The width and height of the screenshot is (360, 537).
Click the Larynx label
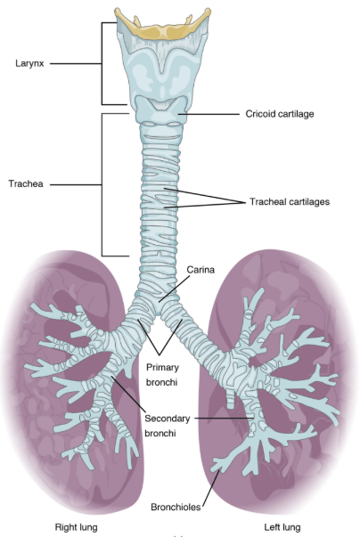(29, 64)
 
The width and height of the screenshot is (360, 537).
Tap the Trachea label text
(26, 184)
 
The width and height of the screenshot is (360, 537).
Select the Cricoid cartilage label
(280, 114)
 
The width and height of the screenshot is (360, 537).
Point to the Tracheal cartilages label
(290, 202)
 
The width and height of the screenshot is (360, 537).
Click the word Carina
(200, 270)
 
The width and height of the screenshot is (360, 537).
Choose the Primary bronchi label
(162, 375)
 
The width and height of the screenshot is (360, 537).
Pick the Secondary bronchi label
(167, 426)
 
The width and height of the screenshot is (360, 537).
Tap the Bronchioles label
(176, 507)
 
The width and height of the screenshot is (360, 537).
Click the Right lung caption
(76, 527)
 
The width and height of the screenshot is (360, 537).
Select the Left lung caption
(282, 527)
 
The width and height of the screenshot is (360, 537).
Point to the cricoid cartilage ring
(161, 110)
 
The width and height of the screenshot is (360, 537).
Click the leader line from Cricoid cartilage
(209, 114)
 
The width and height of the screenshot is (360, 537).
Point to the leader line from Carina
(174, 288)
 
